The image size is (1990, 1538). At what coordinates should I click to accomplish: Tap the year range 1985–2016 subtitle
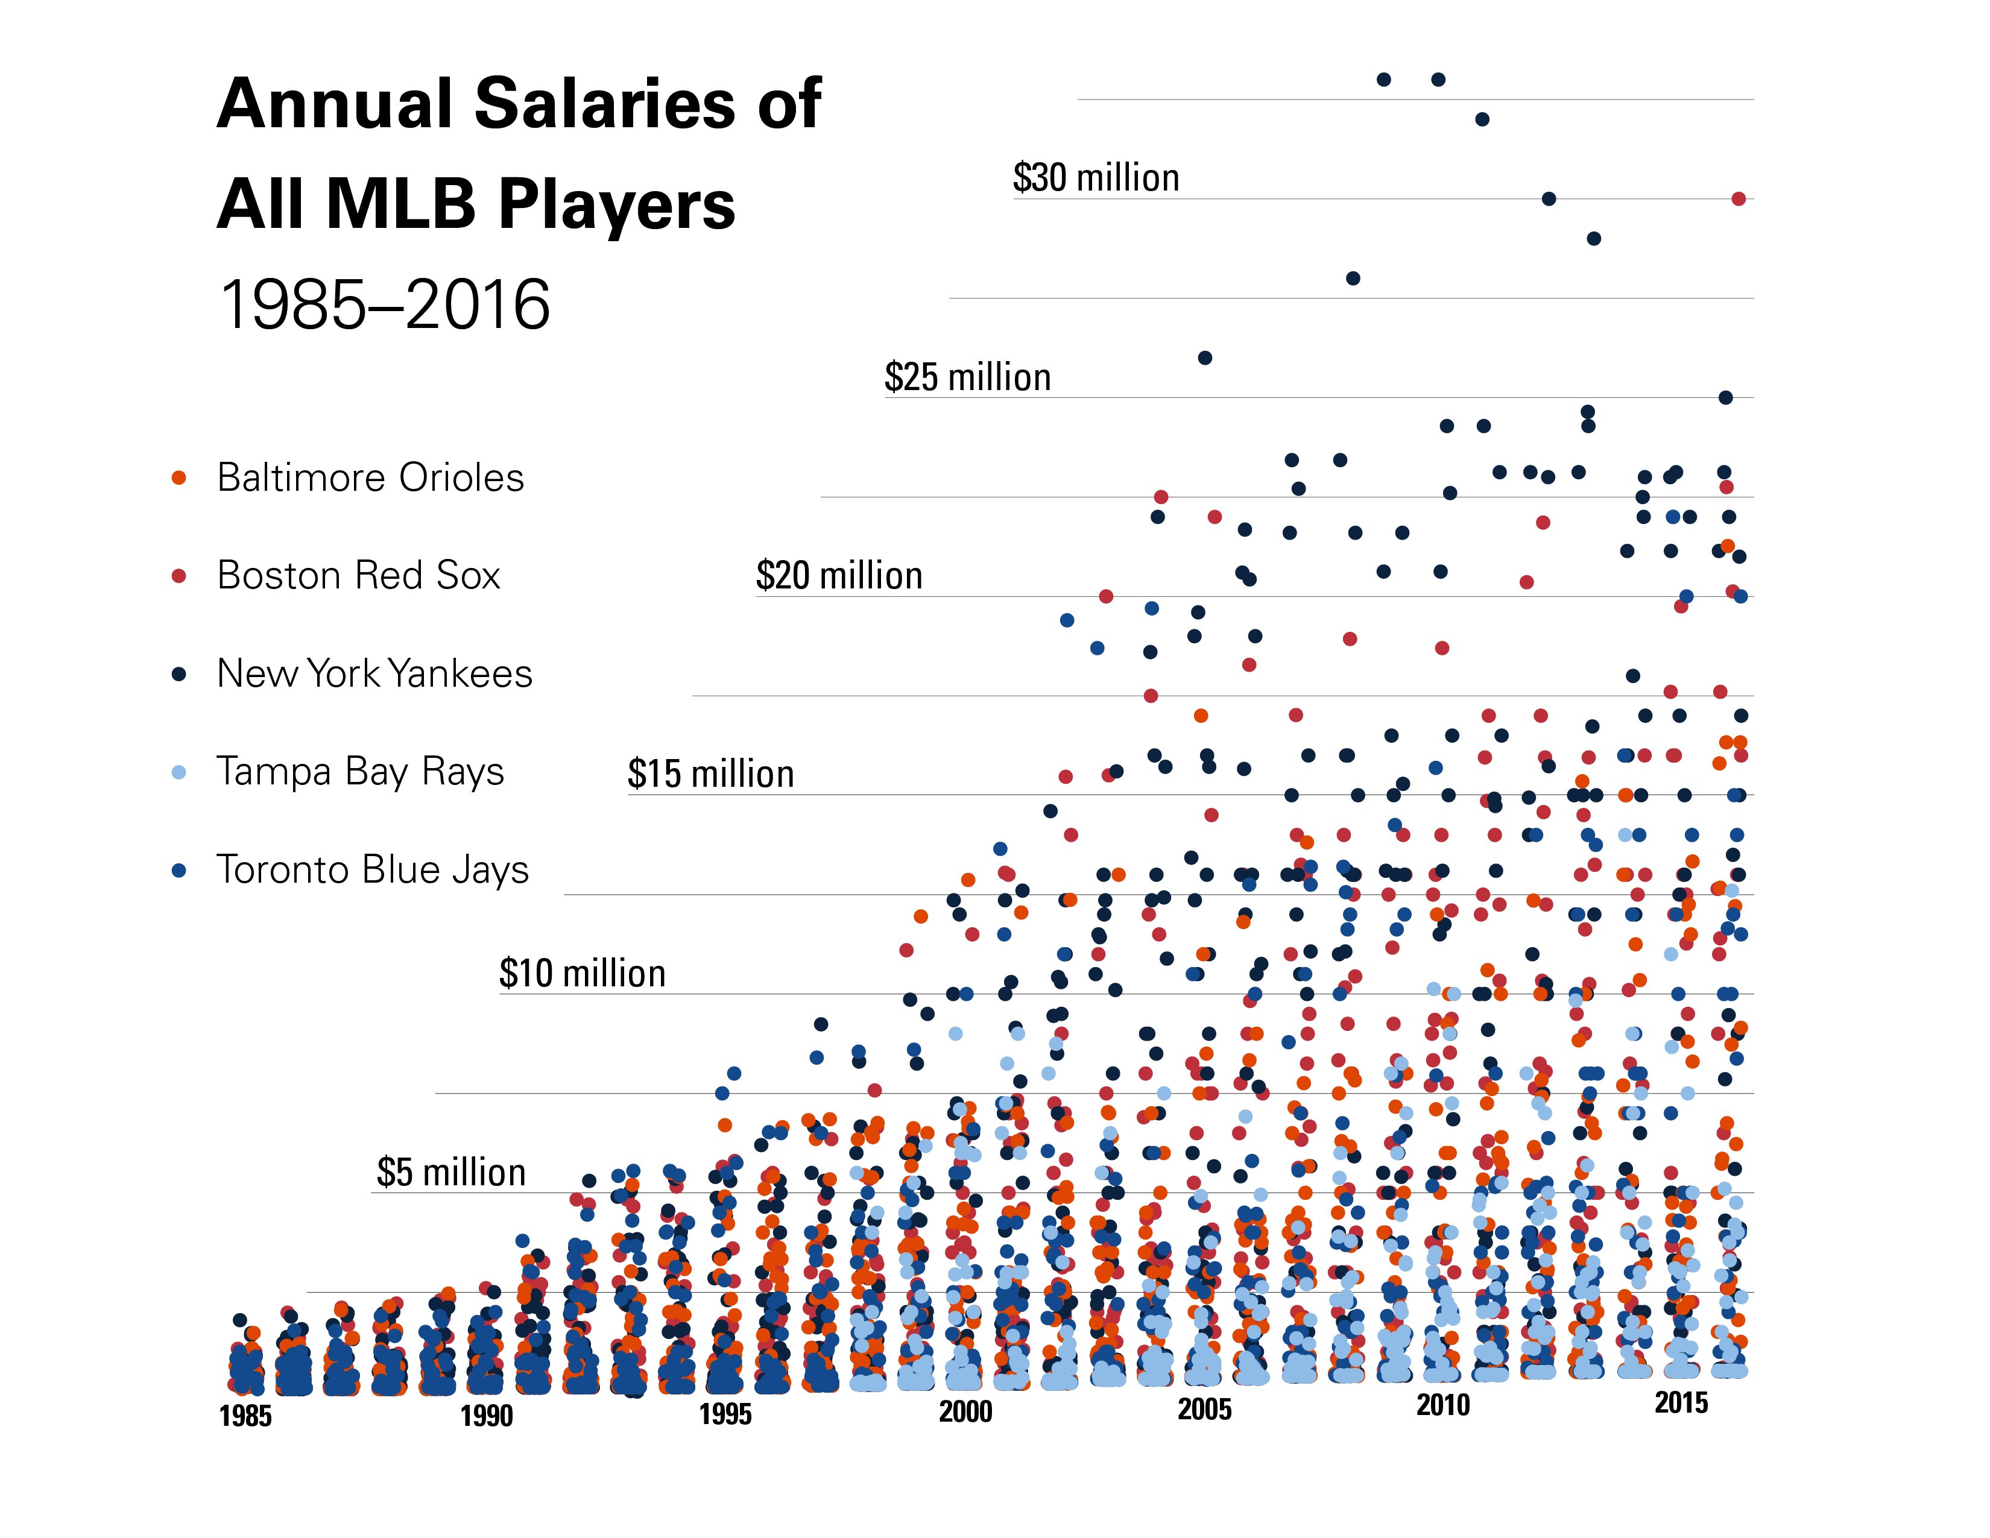point(385,304)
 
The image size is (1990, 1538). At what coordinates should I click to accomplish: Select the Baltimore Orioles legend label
point(370,477)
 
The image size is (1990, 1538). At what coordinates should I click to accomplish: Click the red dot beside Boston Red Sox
point(180,576)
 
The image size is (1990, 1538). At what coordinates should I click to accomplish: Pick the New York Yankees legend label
point(374,673)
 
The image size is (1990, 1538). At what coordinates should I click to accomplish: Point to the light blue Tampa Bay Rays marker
point(180,773)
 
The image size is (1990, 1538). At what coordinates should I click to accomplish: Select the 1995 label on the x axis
point(725,1414)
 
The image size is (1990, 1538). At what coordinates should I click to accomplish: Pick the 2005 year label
point(1205,1410)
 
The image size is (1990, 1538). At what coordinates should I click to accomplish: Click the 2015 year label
point(1681,1403)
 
